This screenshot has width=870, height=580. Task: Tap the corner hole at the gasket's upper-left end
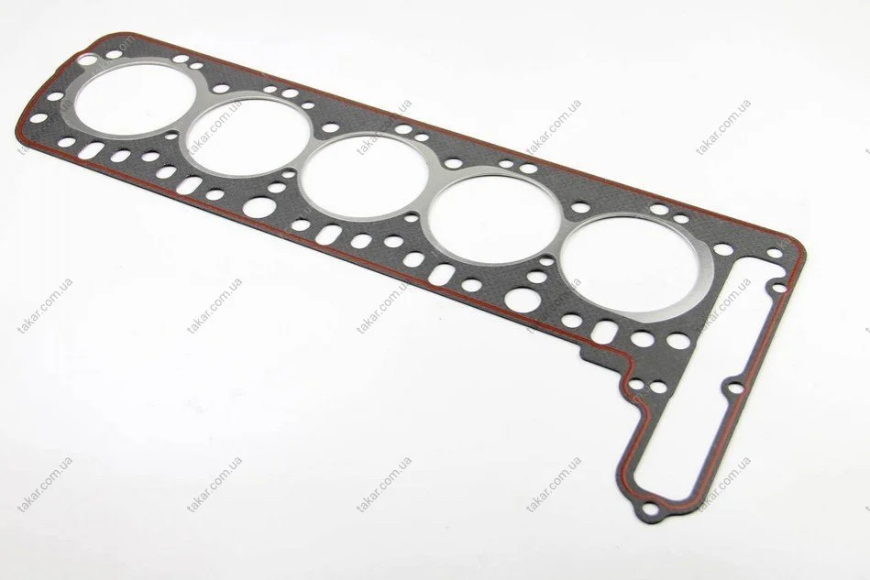pyautogui.click(x=86, y=58)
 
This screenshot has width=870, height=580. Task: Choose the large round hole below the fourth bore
pyautogui.click(x=523, y=300)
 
